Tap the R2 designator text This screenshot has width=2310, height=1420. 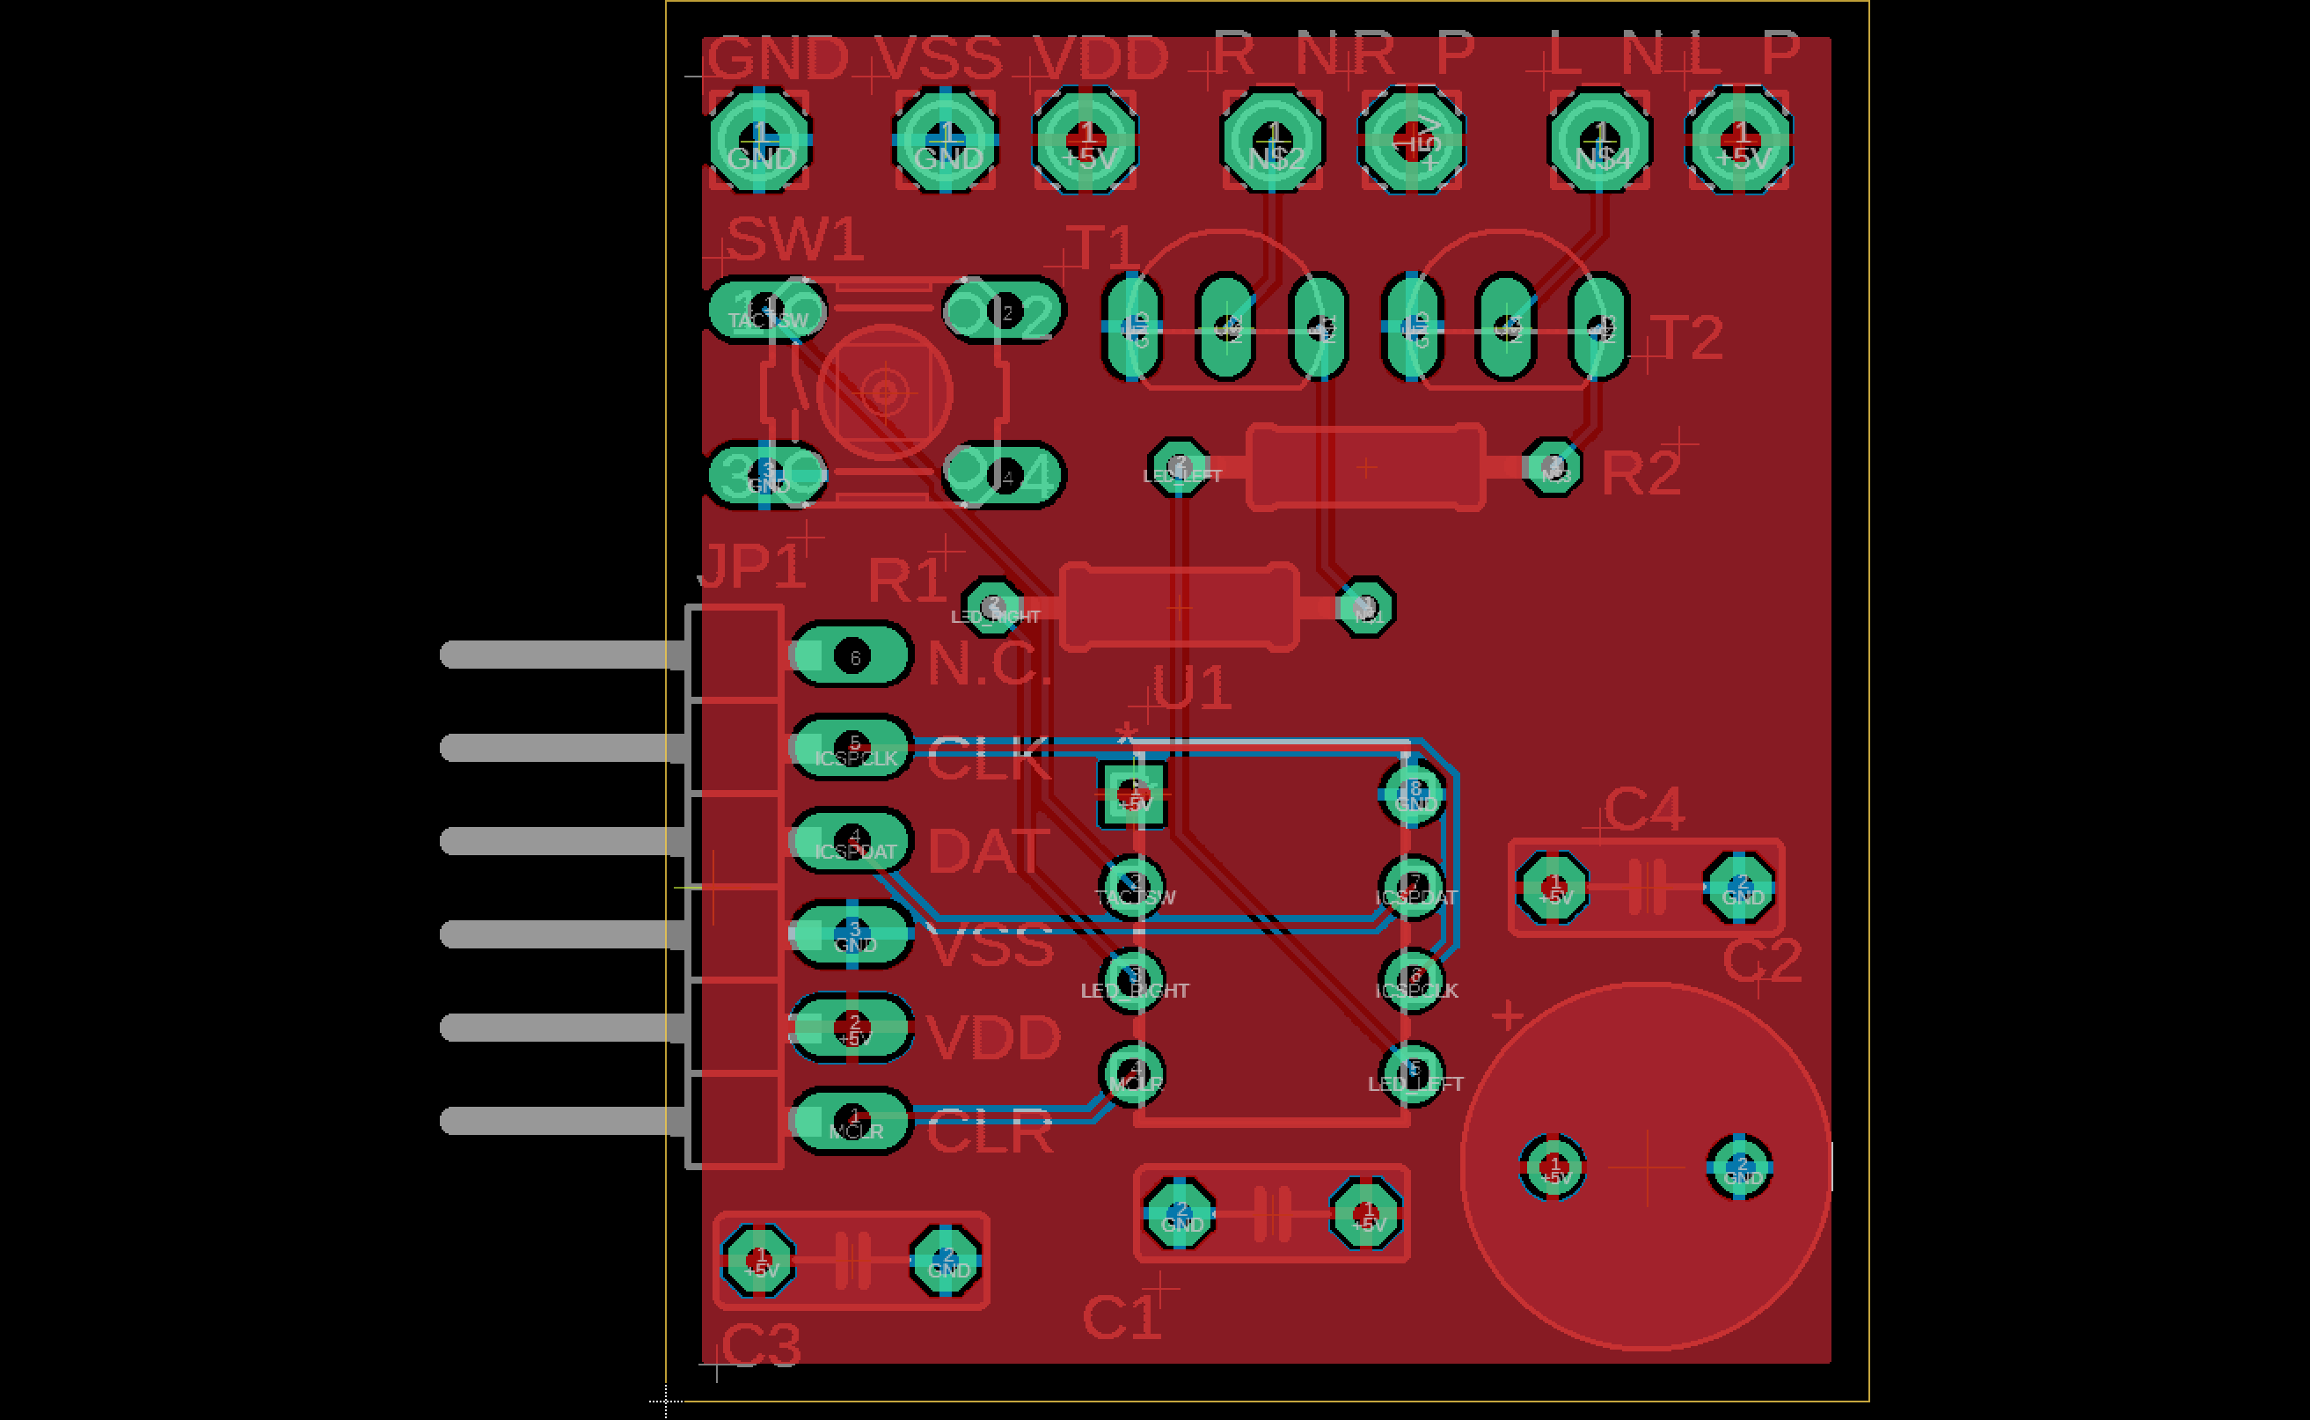coord(1640,472)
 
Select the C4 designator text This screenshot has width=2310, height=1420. coord(1643,809)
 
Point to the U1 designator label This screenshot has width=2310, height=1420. coord(1191,687)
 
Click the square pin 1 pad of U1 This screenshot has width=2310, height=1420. coord(1133,794)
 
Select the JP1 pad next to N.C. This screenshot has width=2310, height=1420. coord(852,655)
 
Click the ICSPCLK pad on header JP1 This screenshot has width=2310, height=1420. coord(852,748)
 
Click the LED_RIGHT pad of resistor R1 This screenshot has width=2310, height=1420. coord(993,607)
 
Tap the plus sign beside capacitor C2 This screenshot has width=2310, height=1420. coord(1507,1015)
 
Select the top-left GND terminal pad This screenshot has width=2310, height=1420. coord(760,141)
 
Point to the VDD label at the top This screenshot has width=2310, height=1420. coord(1100,58)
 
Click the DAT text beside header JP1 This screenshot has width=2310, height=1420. coord(988,851)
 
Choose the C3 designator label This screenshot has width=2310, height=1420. coord(762,1345)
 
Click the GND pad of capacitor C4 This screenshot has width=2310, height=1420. coord(1740,887)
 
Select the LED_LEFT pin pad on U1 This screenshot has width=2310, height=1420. coord(1414,1072)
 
